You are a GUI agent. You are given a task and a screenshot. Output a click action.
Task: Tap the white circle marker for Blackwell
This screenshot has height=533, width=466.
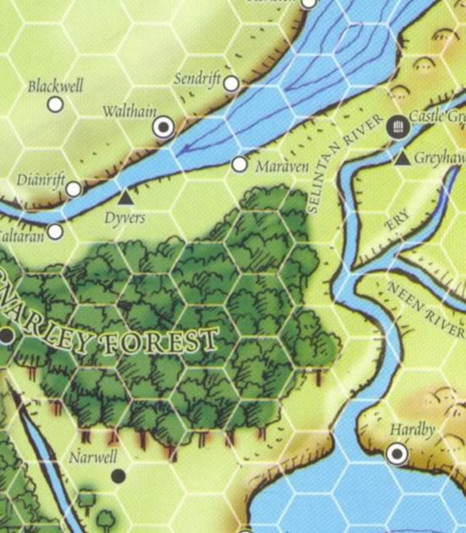55,104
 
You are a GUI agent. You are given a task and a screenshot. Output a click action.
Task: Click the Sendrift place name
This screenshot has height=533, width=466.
197,80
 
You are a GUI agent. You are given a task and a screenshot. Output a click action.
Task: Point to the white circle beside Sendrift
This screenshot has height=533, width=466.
230,83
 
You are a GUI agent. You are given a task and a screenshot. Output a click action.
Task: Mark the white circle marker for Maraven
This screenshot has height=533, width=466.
240,164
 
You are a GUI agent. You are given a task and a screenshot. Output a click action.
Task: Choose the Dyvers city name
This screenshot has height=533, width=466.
125,218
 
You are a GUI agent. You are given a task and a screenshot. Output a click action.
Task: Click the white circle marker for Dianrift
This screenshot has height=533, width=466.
74,189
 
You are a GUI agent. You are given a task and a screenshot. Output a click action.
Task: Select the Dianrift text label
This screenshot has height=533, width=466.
41,180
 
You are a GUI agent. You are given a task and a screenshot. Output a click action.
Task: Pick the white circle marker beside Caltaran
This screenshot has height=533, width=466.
55,230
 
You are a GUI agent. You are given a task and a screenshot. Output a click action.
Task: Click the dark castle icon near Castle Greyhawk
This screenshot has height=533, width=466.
396,127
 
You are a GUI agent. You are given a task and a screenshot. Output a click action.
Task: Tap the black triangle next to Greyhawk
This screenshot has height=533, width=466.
402,158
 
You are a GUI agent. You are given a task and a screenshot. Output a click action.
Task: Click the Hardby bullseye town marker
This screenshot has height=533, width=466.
397,455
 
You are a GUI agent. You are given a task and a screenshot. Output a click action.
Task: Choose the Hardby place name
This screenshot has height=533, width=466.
413,430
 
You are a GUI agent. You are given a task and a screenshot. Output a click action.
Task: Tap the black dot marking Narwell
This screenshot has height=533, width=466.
119,476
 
